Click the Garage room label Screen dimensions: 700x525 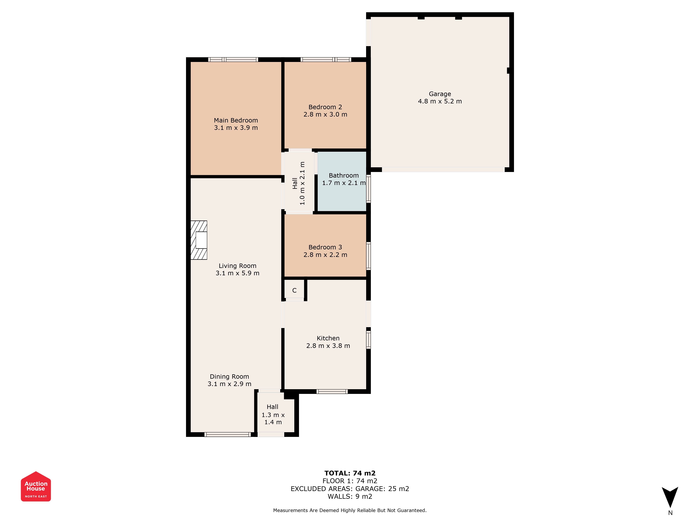pyautogui.click(x=440, y=94)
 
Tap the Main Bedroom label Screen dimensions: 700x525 pyautogui.click(x=236, y=120)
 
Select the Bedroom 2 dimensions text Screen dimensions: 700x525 pyautogui.click(x=325, y=115)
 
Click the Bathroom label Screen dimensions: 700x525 pyautogui.click(x=344, y=175)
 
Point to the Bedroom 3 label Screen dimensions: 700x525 pyautogui.click(x=325, y=247)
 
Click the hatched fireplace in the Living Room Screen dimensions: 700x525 pyautogui.click(x=199, y=240)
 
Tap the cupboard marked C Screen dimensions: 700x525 pyautogui.click(x=294, y=289)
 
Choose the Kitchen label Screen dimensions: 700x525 pyautogui.click(x=328, y=338)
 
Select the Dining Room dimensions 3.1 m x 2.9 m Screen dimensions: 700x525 pyautogui.click(x=229, y=384)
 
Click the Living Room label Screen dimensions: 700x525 pyautogui.click(x=237, y=266)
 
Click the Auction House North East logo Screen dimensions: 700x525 pyautogui.click(x=36, y=486)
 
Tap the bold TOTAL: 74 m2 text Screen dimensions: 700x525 pyautogui.click(x=350, y=473)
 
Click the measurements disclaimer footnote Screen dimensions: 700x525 pyautogui.click(x=350, y=510)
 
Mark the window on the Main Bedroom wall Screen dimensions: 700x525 pyautogui.click(x=233, y=59)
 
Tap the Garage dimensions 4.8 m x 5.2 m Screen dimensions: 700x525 pyautogui.click(x=440, y=101)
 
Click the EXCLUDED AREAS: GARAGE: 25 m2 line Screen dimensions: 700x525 pyautogui.click(x=350, y=489)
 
